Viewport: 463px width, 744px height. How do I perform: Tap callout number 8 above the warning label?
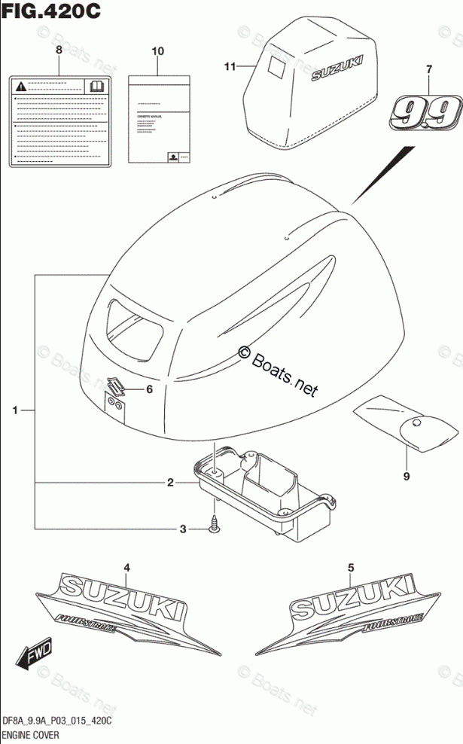tap(59, 50)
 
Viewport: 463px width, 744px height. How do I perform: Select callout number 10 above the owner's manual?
tap(157, 51)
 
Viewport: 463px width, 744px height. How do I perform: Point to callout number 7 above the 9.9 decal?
tap(428, 70)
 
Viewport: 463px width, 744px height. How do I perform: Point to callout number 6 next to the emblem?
tap(149, 389)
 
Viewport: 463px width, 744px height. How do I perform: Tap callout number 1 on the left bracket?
tap(14, 410)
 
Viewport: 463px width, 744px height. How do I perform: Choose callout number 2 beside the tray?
tap(170, 483)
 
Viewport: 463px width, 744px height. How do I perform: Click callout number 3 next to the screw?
tap(181, 530)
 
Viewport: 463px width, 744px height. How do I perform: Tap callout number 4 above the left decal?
tap(127, 566)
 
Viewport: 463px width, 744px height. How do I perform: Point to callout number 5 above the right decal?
tap(350, 566)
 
